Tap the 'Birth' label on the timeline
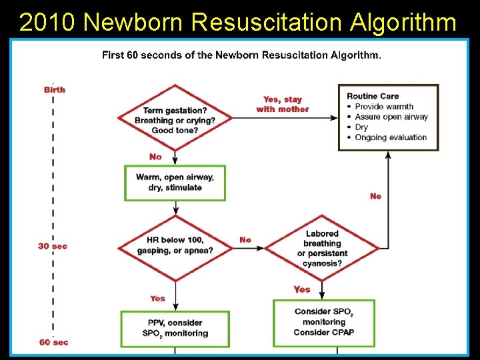[55, 89]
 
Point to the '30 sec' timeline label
[53, 246]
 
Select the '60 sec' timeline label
[53, 342]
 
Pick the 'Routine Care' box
[388, 117]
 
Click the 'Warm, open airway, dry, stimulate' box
[175, 182]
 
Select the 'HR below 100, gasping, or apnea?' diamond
[175, 245]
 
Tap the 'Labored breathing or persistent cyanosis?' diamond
[322, 249]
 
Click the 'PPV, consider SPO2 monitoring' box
[175, 328]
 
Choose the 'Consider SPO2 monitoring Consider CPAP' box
[324, 322]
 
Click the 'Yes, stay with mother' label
[283, 104]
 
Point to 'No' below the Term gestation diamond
[155, 157]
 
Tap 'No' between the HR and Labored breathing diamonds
[245, 240]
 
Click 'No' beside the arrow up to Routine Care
[375, 196]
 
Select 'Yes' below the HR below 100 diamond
[157, 298]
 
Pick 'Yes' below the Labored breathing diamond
[302, 289]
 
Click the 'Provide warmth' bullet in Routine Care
[383, 107]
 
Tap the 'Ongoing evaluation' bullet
[390, 137]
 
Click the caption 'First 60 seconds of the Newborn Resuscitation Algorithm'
[241, 55]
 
